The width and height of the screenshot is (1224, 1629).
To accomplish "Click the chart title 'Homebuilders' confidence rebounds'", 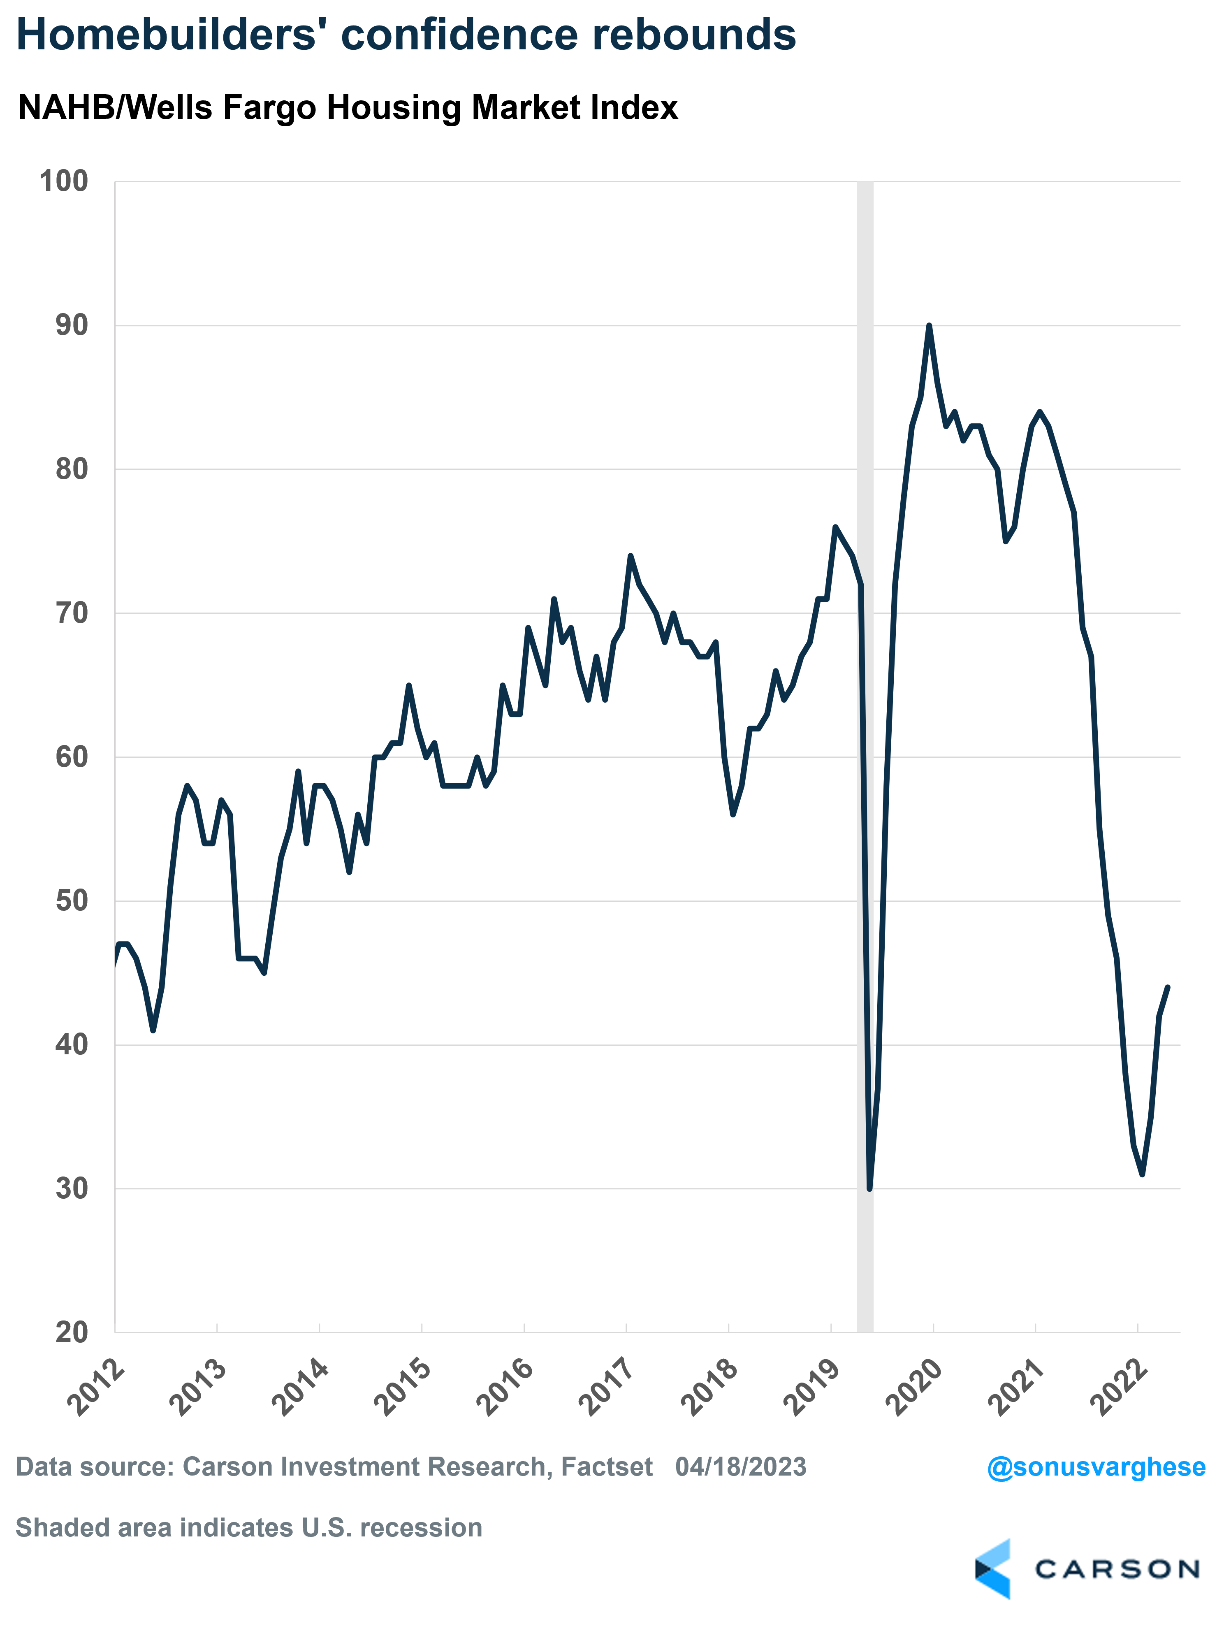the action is point(406,35).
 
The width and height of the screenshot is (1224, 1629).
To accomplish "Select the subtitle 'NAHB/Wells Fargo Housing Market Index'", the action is point(348,107).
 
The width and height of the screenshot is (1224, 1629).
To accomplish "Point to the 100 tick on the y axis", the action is point(63,181).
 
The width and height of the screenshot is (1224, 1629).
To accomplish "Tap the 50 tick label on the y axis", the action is point(72,900).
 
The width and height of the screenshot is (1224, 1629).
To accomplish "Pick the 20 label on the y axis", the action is point(72,1332).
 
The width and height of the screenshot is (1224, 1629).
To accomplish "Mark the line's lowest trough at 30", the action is point(870,1188).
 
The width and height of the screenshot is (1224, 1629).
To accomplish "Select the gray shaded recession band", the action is point(865,756).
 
